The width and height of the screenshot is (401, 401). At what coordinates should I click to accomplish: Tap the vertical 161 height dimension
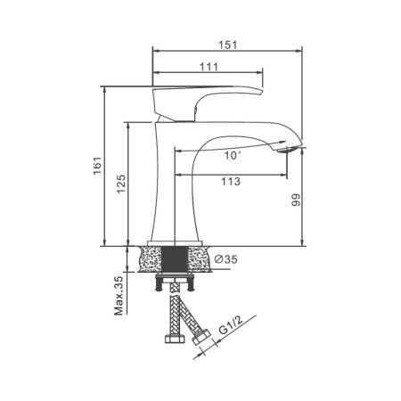coord(99,166)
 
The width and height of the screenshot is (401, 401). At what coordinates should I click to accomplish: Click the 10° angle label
coord(233,155)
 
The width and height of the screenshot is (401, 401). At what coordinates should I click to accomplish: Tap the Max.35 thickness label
coord(119,296)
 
